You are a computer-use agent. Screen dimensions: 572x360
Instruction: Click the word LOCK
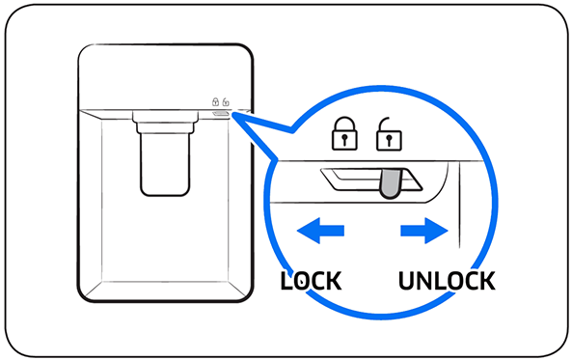(312, 281)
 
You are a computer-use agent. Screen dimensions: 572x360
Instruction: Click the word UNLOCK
(447, 281)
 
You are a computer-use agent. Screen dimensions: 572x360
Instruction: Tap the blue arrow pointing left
(320, 231)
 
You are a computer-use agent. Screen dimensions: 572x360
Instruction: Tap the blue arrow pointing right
(424, 231)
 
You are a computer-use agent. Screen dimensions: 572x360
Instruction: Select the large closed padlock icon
(344, 133)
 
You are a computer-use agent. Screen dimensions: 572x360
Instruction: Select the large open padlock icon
(389, 134)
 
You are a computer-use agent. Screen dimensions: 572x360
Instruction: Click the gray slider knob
(391, 183)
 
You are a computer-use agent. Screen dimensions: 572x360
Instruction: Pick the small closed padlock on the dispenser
(216, 101)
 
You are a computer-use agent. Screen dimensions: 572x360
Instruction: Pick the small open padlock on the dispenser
(226, 101)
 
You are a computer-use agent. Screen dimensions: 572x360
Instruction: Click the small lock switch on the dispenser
(221, 113)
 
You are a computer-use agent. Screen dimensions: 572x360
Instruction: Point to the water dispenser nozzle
(165, 164)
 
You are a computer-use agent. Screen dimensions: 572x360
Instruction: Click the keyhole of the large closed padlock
(344, 140)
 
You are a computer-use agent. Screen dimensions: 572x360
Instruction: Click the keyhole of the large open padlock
(390, 141)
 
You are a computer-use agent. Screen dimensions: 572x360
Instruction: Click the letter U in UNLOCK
(407, 281)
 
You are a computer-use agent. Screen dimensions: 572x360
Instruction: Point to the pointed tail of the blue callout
(234, 115)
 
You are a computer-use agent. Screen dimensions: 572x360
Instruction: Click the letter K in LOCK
(334, 281)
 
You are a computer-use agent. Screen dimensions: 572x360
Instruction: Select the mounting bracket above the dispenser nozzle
(165, 122)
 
